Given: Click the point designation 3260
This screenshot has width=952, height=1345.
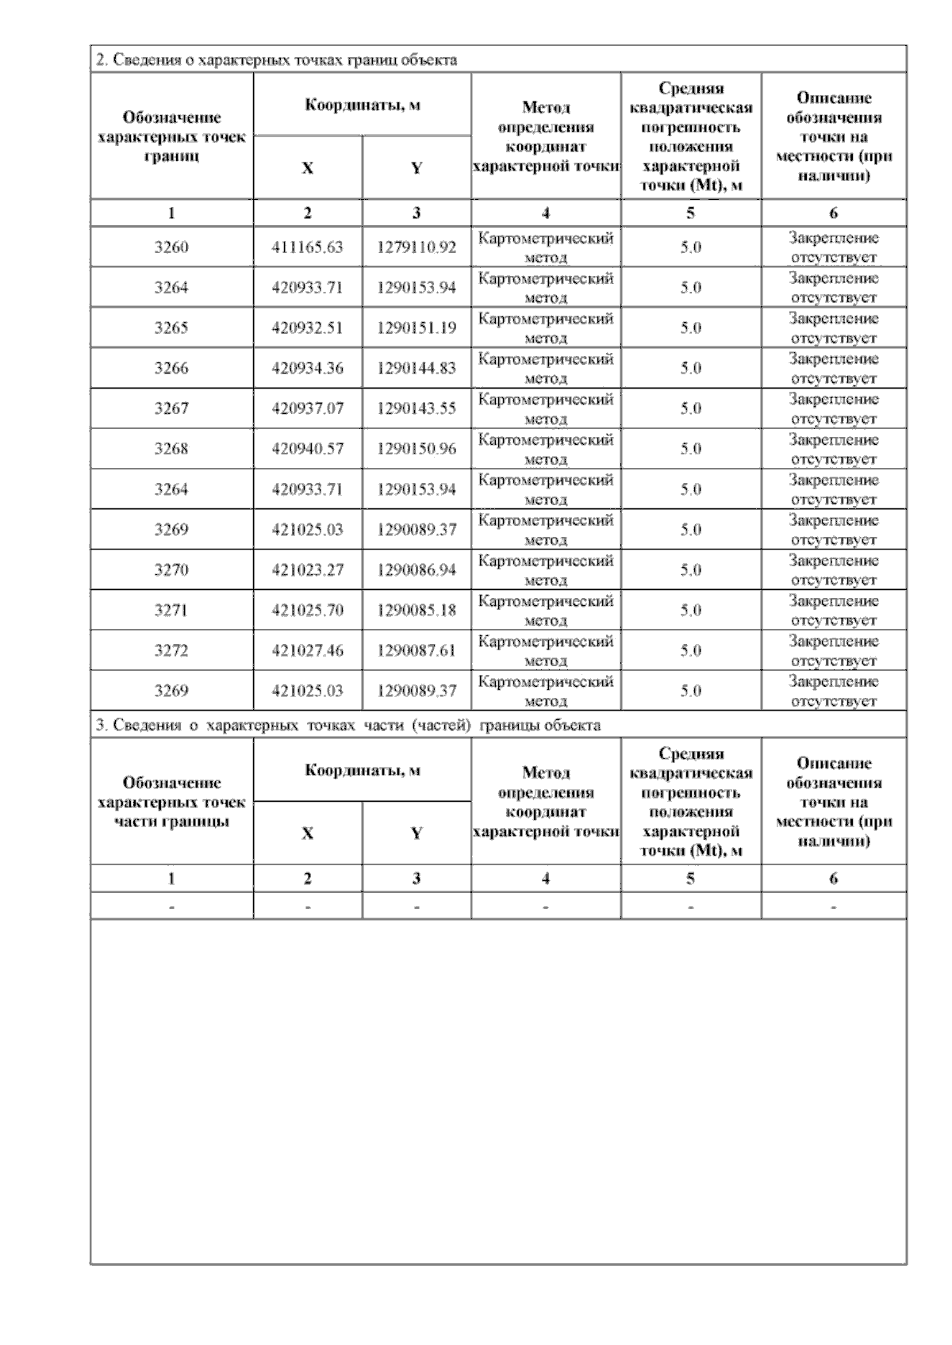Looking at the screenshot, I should pyautogui.click(x=171, y=247).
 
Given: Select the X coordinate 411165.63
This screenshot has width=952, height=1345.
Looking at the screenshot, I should pyautogui.click(x=307, y=247).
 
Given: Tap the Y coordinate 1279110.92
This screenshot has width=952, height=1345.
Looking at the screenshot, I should pyautogui.click(x=416, y=247).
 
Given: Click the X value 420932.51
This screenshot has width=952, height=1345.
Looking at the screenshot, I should pyautogui.click(x=307, y=328).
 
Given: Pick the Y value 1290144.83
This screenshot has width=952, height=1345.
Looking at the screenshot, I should pyautogui.click(x=416, y=369).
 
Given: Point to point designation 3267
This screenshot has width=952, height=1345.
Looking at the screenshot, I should pyautogui.click(x=171, y=409).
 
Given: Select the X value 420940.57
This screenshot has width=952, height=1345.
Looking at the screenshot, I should pyautogui.click(x=307, y=450).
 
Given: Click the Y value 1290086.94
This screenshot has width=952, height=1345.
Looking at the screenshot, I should pyautogui.click(x=416, y=570).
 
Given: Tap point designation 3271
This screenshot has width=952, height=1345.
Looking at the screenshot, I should pyautogui.click(x=171, y=611).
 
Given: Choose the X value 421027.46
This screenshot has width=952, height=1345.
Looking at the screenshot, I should pyautogui.click(x=307, y=651).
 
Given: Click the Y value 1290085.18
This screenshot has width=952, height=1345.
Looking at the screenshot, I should pyautogui.click(x=416, y=611).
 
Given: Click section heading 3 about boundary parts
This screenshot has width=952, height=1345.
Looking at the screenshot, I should pyautogui.click(x=347, y=725).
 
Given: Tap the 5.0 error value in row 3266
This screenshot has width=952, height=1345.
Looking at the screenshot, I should pyautogui.click(x=690, y=369).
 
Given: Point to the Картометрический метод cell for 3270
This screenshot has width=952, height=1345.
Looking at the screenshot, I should pyautogui.click(x=546, y=570).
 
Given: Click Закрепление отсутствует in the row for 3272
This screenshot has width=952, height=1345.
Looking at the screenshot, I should pyautogui.click(x=833, y=651).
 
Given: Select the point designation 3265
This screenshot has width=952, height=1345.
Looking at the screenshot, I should pyautogui.click(x=171, y=328).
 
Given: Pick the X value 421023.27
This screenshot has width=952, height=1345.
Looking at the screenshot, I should pyautogui.click(x=307, y=570).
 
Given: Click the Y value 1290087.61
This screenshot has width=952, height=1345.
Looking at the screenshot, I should pyautogui.click(x=416, y=651).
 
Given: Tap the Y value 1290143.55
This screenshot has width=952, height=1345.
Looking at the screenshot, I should pyautogui.click(x=416, y=409).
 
